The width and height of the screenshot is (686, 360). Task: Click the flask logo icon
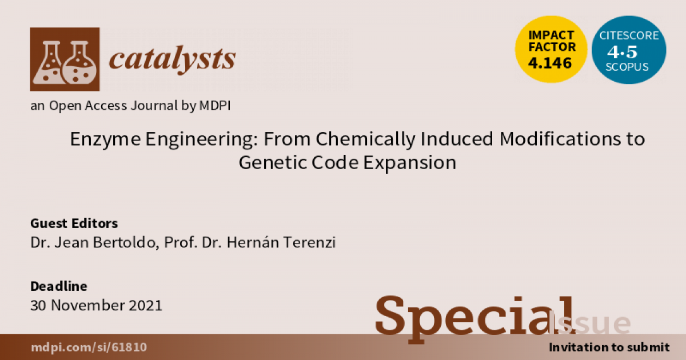(64, 59)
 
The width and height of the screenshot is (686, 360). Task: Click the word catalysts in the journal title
(171, 58)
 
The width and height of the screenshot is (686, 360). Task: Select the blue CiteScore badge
(629, 50)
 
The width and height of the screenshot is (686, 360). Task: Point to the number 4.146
(551, 63)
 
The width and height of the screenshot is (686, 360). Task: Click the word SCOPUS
(629, 67)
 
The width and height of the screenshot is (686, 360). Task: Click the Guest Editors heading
(74, 223)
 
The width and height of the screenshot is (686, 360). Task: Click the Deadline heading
(58, 286)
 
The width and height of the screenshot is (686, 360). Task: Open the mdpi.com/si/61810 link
(89, 347)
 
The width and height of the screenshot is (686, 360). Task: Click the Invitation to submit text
(609, 347)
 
